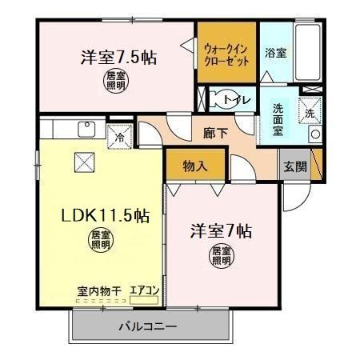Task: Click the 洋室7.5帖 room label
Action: pyautogui.click(x=118, y=58)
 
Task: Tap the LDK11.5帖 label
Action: pyautogui.click(x=106, y=215)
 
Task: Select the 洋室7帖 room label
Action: pyautogui.click(x=221, y=231)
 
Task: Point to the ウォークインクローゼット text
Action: pyautogui.click(x=226, y=55)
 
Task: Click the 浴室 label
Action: pyautogui.click(x=276, y=53)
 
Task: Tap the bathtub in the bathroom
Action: pyautogui.click(x=308, y=52)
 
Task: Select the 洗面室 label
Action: pyautogui.click(x=278, y=120)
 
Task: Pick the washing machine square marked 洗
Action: pyautogui.click(x=310, y=110)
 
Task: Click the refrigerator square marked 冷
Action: pyautogui.click(x=120, y=137)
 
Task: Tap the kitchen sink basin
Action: pyautogui.click(x=86, y=129)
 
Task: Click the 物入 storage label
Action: pyautogui.click(x=195, y=166)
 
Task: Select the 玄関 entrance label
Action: pyautogui.click(x=295, y=166)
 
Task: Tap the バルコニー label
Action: pyautogui.click(x=147, y=326)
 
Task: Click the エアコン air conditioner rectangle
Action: pyautogui.click(x=144, y=300)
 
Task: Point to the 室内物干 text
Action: pyautogui.click(x=99, y=291)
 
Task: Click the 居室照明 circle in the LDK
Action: pyautogui.click(x=101, y=241)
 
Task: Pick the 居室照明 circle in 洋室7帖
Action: pyautogui.click(x=221, y=256)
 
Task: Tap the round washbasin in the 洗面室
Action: pyautogui.click(x=315, y=134)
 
